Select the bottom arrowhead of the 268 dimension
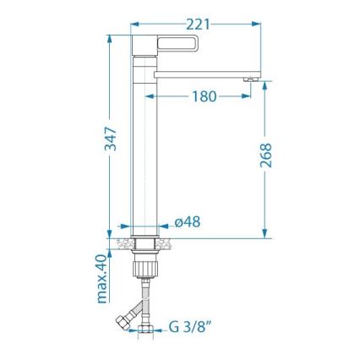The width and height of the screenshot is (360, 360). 266,232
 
